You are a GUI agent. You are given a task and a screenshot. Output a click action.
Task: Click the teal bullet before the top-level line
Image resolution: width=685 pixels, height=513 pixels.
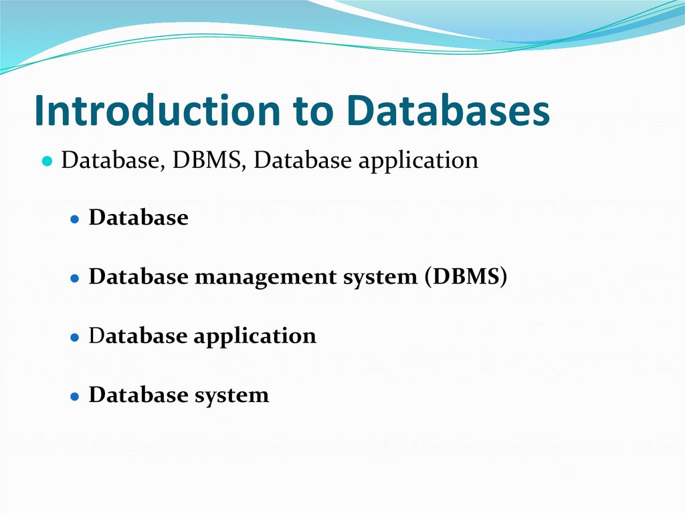47,162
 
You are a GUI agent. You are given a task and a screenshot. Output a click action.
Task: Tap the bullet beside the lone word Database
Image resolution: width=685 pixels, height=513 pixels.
76,219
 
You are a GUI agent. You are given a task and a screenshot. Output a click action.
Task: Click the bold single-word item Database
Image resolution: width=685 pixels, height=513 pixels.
138,218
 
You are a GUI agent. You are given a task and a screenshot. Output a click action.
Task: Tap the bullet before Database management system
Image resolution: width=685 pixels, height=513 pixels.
76,278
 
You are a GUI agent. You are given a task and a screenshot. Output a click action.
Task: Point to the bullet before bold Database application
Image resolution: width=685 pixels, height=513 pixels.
76,336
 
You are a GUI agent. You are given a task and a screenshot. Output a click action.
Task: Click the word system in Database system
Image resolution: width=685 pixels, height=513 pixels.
231,395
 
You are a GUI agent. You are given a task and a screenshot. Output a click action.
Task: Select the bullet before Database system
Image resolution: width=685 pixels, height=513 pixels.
76,395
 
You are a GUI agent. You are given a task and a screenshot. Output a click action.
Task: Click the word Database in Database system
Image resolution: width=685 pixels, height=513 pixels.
138,395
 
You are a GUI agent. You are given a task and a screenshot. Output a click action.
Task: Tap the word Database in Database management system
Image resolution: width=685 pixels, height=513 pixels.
138,277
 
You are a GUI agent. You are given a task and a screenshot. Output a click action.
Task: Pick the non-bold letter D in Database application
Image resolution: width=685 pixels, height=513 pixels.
95,335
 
